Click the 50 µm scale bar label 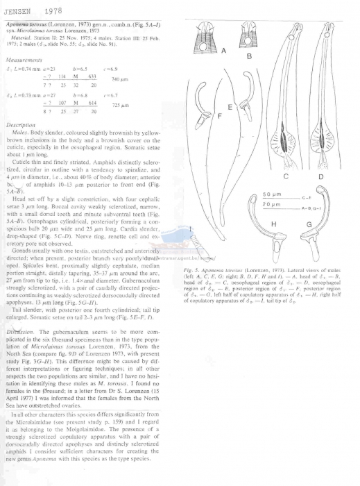point(277,192)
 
